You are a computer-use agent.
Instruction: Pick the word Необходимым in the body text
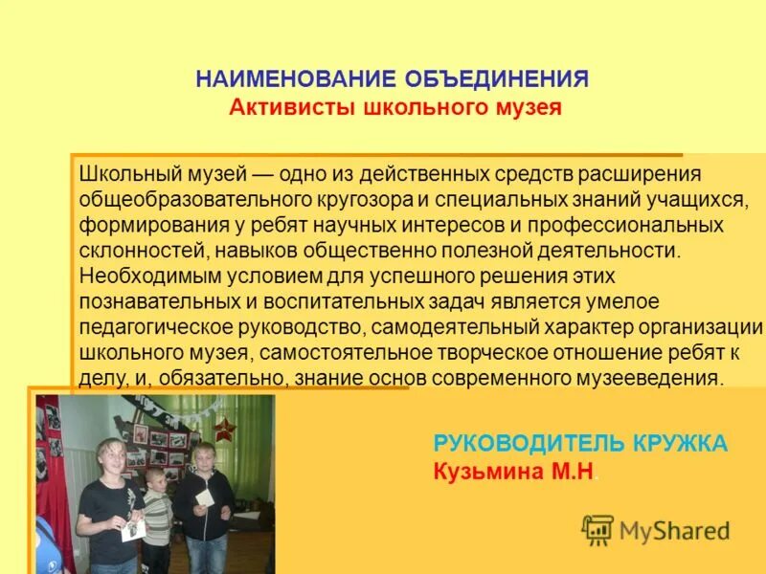click(x=139, y=276)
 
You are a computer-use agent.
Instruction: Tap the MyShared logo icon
click(x=598, y=529)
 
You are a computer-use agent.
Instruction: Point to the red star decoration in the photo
click(x=225, y=427)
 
